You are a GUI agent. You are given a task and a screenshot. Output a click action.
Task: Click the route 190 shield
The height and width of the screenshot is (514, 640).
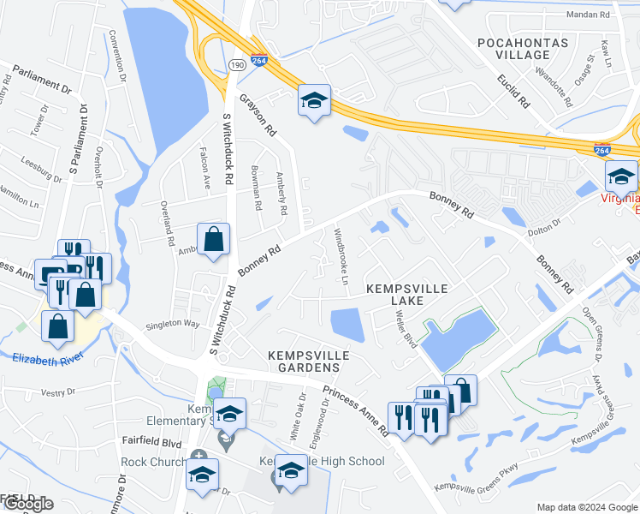[237, 64]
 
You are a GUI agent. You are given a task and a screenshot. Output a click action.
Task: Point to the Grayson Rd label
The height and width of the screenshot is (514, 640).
[258, 116]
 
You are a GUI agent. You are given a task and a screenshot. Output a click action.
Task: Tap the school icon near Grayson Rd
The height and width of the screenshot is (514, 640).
[314, 101]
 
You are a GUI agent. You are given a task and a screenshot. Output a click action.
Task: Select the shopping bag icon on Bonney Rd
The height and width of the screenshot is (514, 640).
[213, 240]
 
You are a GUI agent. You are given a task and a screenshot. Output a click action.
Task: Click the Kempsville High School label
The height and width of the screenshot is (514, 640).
[325, 461]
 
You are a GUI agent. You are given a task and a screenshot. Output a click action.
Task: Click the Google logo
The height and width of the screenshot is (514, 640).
[27, 504]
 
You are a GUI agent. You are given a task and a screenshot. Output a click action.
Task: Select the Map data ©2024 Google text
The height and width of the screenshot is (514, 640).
[587, 507]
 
